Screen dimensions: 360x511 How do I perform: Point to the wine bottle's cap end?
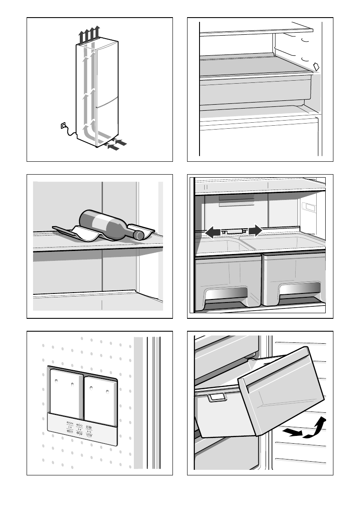[x=139, y=235]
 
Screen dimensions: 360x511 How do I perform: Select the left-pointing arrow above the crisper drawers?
[x=213, y=232]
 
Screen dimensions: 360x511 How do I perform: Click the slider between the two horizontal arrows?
[x=234, y=231]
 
